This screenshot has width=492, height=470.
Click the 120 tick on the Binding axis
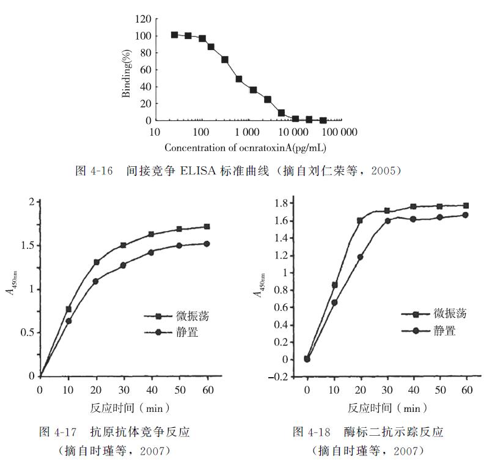[142, 20]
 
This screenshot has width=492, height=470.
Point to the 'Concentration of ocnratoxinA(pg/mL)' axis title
[244, 147]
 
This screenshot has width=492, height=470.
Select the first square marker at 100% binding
[175, 35]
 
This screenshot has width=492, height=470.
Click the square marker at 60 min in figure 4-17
[207, 227]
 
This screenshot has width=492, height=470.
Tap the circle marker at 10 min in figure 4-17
[68, 321]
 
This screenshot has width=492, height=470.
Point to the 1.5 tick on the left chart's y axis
[28, 246]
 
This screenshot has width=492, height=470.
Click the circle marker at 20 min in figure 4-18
[360, 257]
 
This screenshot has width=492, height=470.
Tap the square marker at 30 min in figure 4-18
[386, 211]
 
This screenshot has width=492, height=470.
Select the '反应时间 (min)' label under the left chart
[122, 407]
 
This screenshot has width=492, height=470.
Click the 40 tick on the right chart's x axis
[413, 390]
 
